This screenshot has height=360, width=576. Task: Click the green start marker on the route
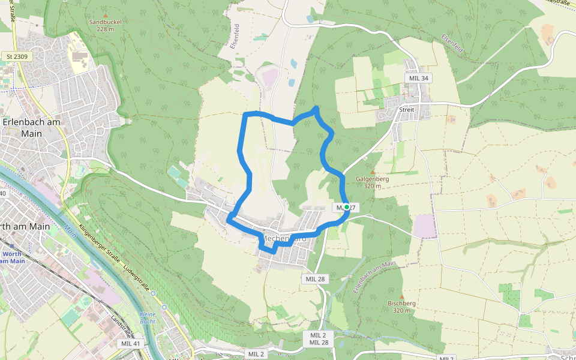[346, 207]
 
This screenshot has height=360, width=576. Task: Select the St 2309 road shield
[17, 57]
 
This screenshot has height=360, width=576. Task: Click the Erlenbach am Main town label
[31, 127]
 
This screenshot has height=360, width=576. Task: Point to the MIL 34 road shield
[418, 78]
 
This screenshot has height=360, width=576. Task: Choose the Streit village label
[406, 110]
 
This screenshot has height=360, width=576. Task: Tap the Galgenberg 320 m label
[373, 182]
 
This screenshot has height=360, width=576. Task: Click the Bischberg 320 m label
[401, 307]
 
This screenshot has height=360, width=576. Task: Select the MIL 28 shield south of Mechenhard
[315, 279]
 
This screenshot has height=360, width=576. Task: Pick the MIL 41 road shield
[130, 343]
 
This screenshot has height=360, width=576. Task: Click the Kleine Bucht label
[147, 317]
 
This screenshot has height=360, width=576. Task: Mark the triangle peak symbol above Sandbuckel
[106, 16]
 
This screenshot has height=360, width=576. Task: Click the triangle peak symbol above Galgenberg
[372, 171]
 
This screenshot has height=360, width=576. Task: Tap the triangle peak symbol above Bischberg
[401, 296]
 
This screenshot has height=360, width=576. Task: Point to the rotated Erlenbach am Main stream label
[375, 277]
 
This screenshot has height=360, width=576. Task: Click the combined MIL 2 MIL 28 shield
[319, 338]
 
